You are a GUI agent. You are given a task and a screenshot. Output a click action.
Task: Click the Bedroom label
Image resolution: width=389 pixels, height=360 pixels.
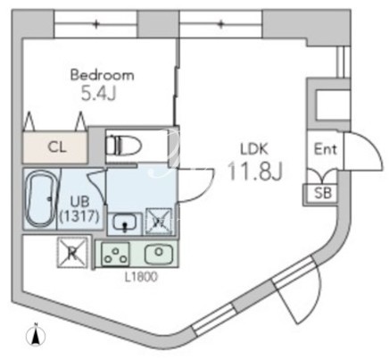102,75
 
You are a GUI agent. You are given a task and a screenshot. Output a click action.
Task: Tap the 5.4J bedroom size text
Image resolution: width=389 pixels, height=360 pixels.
98,93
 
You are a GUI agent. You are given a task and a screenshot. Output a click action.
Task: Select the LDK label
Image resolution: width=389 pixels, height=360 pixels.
254,149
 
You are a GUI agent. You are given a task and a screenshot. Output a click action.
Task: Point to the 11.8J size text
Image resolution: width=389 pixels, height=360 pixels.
254,172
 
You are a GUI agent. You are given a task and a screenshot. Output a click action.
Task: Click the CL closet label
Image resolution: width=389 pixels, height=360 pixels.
57,147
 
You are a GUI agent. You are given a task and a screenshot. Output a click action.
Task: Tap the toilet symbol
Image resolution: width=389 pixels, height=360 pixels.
124,145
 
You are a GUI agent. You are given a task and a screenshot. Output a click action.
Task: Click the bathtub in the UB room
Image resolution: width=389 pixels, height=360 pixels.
40,198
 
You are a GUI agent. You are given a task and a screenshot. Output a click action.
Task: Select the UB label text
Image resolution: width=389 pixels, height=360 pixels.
79,202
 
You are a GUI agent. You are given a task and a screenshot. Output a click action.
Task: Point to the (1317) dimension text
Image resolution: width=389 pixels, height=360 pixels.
79,216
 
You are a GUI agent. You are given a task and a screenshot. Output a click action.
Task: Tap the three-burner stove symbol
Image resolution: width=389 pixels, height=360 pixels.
115,254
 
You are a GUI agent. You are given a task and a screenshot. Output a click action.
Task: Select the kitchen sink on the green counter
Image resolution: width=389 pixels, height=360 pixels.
159,255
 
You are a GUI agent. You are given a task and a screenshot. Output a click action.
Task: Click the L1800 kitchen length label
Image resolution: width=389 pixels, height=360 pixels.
141,278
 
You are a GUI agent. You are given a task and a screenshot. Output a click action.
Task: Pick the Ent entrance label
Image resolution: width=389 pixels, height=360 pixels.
326,149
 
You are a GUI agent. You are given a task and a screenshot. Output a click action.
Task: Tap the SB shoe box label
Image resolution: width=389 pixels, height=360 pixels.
323,193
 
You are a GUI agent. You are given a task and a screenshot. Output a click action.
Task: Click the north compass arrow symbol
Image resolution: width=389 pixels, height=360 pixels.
36,335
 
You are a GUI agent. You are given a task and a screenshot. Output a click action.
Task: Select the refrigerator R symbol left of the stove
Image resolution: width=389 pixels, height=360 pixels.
72,252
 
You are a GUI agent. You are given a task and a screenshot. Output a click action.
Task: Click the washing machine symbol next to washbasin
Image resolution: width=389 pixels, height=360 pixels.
159,222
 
